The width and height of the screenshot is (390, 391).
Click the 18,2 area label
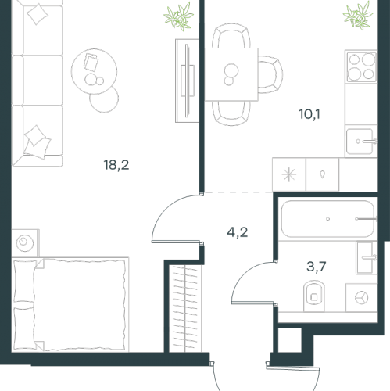click(116, 165)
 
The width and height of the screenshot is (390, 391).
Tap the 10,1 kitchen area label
click(309, 114)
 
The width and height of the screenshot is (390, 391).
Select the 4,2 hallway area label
click(238, 232)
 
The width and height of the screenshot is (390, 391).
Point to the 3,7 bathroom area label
click(317, 267)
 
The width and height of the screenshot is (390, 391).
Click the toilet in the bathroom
click(314, 296)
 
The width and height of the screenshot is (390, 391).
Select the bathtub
click(328, 219)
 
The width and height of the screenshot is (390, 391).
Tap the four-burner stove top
click(362, 66)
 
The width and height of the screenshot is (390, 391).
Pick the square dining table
click(231, 74)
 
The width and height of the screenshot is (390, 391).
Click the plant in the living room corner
click(179, 17)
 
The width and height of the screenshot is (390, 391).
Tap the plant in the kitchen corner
click(359, 16)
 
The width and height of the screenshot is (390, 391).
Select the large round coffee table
click(94, 71)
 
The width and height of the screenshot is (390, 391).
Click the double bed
click(70, 304)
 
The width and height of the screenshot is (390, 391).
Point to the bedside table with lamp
click(25, 243)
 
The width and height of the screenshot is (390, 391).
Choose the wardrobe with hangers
click(185, 308)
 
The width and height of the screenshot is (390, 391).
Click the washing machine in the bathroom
click(361, 297)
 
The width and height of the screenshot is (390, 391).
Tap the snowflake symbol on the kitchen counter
click(289, 174)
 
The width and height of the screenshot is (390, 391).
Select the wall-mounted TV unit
click(187, 81)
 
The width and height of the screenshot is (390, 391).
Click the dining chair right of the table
click(270, 74)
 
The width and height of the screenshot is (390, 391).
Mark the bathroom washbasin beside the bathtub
click(367, 258)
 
